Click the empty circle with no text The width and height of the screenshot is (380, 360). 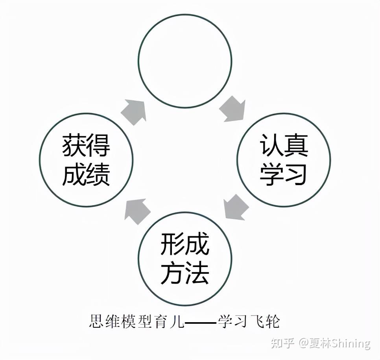tap(184, 61)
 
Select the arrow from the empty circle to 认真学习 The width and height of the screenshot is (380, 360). tap(233, 110)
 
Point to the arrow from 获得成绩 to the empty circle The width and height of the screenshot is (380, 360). tap(134, 111)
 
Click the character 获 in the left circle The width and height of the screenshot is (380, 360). tap(74, 146)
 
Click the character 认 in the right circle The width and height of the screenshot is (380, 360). tap(272, 146)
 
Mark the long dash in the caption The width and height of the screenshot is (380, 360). tap(201, 323)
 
